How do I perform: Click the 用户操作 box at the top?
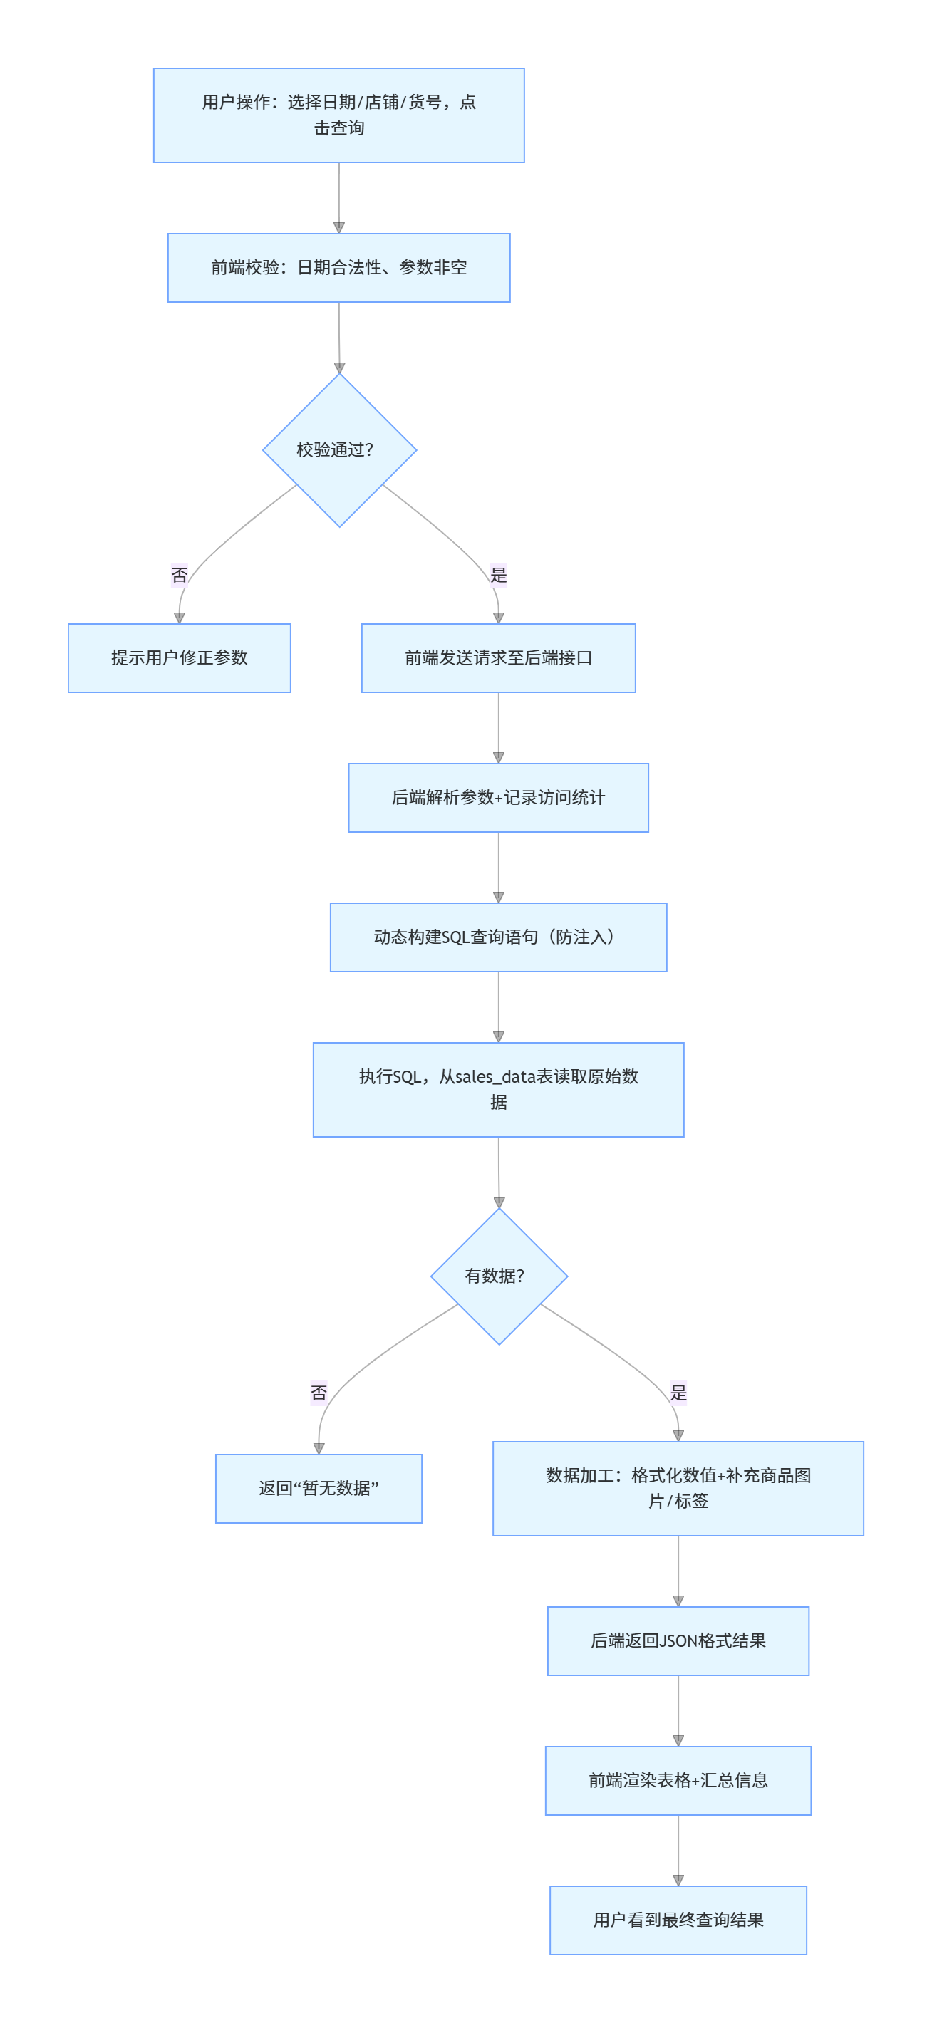tap(338, 115)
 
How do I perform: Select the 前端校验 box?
tap(338, 268)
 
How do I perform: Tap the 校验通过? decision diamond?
tap(338, 450)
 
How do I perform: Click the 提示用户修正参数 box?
tap(179, 658)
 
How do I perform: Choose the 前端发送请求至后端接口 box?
tap(498, 658)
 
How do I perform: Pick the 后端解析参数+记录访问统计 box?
tap(498, 798)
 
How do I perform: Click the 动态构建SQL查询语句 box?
tap(498, 937)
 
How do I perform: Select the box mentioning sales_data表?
tap(498, 1089)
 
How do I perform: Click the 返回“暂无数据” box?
tap(319, 1488)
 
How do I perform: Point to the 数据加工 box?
tap(678, 1488)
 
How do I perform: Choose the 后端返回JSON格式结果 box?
tap(678, 1640)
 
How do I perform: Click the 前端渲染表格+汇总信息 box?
tap(678, 1780)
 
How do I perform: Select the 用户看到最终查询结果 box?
tap(678, 1920)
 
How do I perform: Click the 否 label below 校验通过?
tap(179, 575)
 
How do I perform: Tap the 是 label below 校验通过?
tap(498, 575)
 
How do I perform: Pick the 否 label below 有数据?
tap(319, 1393)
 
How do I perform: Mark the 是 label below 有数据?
tap(678, 1393)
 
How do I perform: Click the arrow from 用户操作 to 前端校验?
tap(338, 198)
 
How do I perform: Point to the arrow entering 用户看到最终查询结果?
tap(678, 1850)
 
